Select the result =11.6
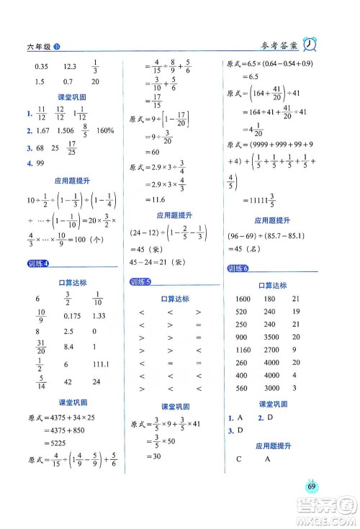pos(159,205)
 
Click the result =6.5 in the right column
pos(246,76)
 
